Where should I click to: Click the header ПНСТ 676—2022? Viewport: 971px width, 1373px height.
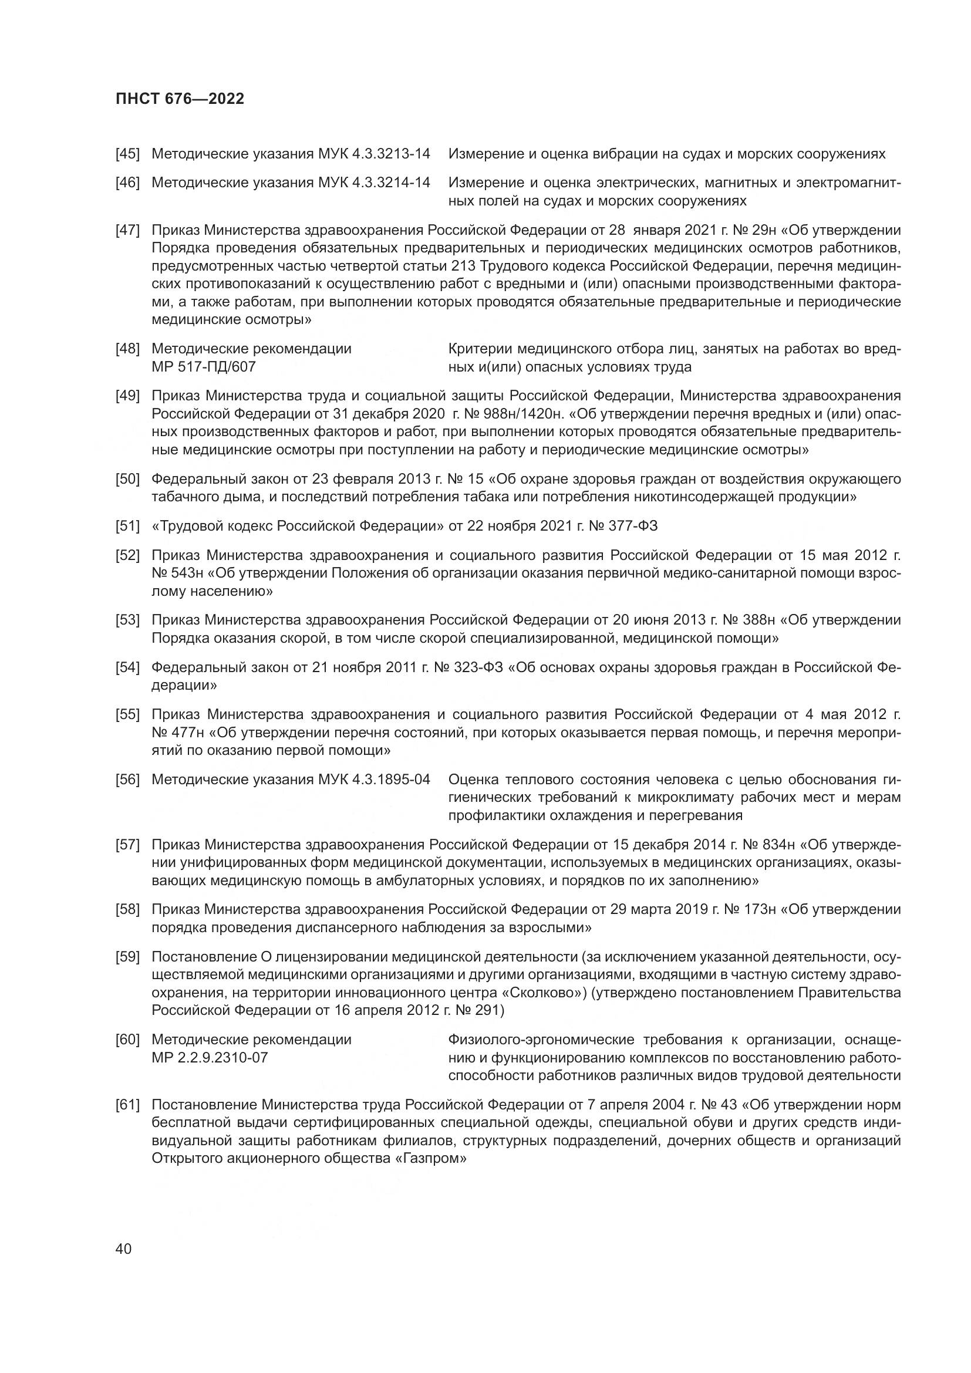click(180, 99)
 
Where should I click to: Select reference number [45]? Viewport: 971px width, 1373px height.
click(127, 154)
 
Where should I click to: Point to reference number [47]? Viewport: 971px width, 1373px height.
click(127, 230)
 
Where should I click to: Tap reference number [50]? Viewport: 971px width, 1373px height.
click(127, 479)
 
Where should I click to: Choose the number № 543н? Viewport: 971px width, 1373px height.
click(177, 574)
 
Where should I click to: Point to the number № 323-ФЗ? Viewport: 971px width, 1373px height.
click(468, 667)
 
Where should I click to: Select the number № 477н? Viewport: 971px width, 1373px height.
click(177, 733)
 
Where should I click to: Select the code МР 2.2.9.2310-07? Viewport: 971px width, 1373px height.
click(209, 1058)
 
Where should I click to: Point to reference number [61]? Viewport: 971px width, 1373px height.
click(127, 1105)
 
